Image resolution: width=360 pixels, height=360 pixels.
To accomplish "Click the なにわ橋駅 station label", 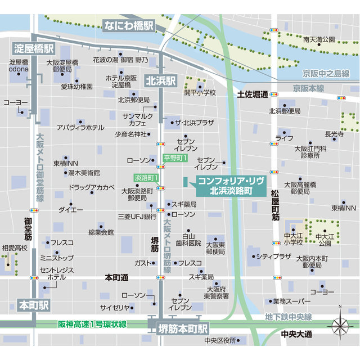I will coord(129,25).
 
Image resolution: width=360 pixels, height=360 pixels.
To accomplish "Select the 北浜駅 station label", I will coord(161,80).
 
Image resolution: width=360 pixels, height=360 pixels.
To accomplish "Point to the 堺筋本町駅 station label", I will coord(182,327).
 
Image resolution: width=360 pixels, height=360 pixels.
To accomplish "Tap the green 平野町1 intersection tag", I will coord(174,159).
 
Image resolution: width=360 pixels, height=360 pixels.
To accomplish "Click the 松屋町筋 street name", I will coord(275,205).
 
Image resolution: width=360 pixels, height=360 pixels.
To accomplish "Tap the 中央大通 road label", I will coord(296,334).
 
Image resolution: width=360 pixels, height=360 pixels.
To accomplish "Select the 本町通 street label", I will coord(117,278).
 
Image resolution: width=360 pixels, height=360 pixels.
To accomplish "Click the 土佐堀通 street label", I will coord(253,94).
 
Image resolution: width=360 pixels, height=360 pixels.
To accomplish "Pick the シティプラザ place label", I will coord(273,256).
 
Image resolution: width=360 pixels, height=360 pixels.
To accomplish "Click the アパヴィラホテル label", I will coord(80,128).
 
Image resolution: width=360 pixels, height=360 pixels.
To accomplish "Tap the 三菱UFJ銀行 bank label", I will coord(137,215).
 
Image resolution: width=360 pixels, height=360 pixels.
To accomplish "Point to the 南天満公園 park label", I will coord(318,39).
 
